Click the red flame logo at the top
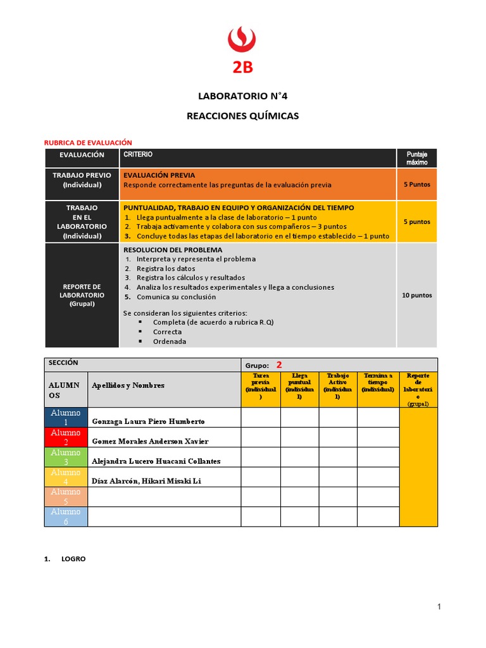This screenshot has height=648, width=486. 242,39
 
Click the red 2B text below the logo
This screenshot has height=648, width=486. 242,68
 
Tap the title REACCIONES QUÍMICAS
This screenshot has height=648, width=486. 242,116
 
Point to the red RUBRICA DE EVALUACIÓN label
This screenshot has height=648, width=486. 87,143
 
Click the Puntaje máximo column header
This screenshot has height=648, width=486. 416,158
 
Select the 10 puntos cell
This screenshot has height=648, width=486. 416,296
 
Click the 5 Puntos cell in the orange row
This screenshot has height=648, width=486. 416,185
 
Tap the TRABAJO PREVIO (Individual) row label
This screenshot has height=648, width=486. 82,180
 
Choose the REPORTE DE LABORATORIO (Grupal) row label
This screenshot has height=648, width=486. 82,296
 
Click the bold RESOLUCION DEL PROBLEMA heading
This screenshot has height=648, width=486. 173,250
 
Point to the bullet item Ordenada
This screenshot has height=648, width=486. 169,342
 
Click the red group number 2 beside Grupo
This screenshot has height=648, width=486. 278,365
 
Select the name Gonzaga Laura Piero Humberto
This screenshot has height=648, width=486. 148,421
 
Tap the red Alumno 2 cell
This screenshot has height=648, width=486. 66,437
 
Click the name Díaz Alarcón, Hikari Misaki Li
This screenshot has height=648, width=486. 146,482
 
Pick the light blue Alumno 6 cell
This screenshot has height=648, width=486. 66,516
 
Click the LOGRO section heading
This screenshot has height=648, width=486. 73,559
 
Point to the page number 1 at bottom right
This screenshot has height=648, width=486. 439,607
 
